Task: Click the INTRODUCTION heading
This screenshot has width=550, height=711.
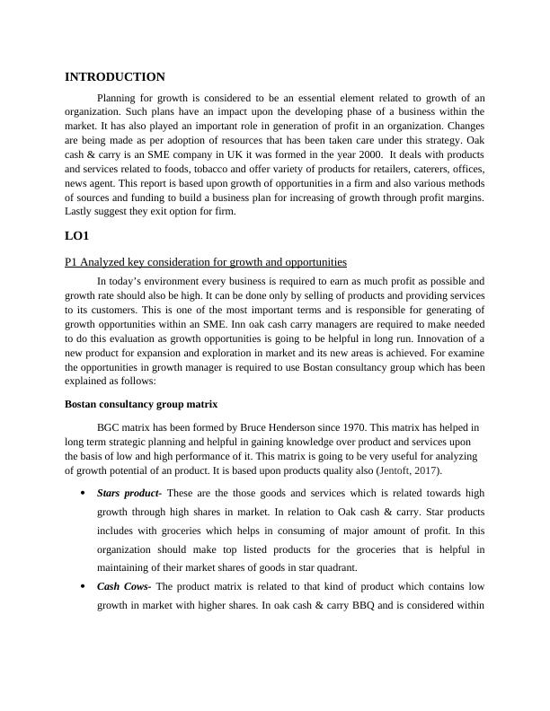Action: [115, 77]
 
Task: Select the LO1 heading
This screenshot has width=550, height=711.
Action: [77, 238]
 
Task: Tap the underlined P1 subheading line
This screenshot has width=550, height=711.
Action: [206, 262]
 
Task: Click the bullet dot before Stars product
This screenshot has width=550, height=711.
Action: [82, 493]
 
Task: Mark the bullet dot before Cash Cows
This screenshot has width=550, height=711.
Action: [82, 586]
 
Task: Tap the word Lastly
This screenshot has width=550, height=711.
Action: [79, 212]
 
